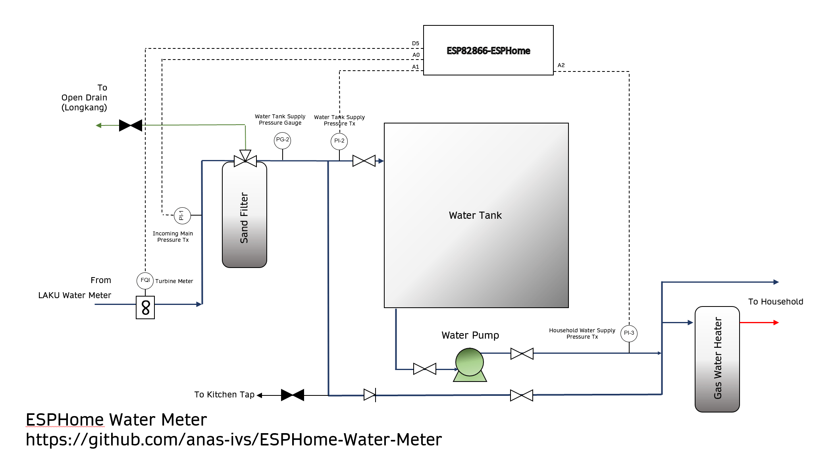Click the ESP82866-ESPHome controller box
pos(488,50)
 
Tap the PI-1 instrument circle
pos(182,216)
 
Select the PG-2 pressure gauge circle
pos(282,140)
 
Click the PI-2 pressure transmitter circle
pos(339,141)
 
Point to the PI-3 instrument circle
pos(629,333)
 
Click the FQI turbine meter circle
pos(145,281)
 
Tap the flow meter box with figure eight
pos(145,307)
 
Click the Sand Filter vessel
pos(245,215)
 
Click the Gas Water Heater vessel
pos(717,359)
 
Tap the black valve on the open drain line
pos(131,125)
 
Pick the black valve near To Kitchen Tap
pos(293,395)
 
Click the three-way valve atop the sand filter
pos(245,160)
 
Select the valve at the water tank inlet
pos(364,161)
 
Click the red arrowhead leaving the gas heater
pos(776,323)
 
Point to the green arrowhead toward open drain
pos(98,125)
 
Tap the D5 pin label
pos(415,44)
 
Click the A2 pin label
pos(561,65)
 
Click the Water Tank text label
pos(475,216)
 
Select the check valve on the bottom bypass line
pos(370,395)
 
